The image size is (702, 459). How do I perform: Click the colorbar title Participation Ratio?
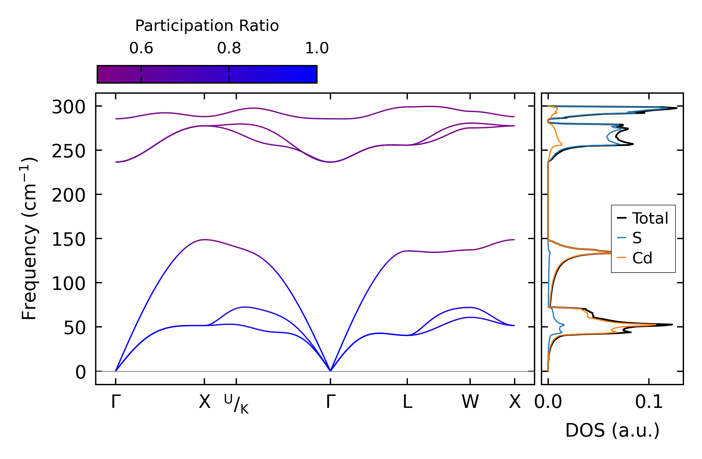point(207,26)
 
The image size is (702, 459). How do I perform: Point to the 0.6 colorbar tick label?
point(141,48)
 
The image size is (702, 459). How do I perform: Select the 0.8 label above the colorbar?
point(229,48)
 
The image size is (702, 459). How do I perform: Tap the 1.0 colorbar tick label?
point(317,48)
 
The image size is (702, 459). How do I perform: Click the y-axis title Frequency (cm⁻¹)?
point(29,238)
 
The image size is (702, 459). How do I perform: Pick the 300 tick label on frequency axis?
point(69,107)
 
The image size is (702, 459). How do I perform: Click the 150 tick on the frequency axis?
point(69,240)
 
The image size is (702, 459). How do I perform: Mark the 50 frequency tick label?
point(75,328)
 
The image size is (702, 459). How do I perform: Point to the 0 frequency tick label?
point(81,372)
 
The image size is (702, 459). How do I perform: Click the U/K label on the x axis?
point(236,404)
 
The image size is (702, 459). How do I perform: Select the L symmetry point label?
point(407,402)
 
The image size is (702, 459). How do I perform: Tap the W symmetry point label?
point(470,402)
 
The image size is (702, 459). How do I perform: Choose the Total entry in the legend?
point(643,218)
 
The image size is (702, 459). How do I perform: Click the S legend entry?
point(629,238)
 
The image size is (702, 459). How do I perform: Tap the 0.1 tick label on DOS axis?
point(649,402)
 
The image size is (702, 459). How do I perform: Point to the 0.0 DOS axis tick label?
point(548,402)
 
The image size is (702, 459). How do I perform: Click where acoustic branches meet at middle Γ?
point(330,371)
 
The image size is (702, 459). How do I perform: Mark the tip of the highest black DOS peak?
point(677,108)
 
